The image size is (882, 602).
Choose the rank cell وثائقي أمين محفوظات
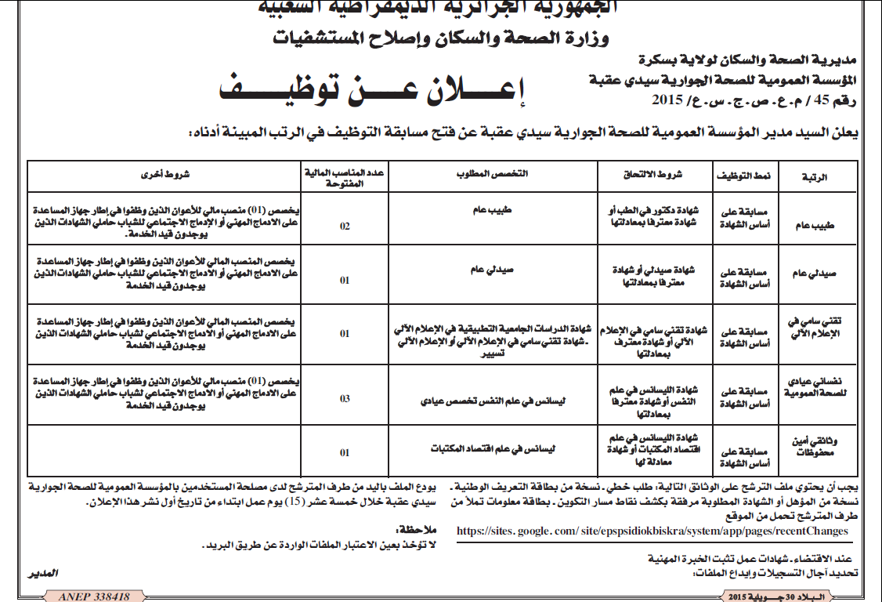click(815, 447)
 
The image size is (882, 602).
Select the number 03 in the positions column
click(345, 399)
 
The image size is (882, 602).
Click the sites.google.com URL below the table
click(652, 531)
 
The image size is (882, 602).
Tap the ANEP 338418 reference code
click(93, 597)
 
